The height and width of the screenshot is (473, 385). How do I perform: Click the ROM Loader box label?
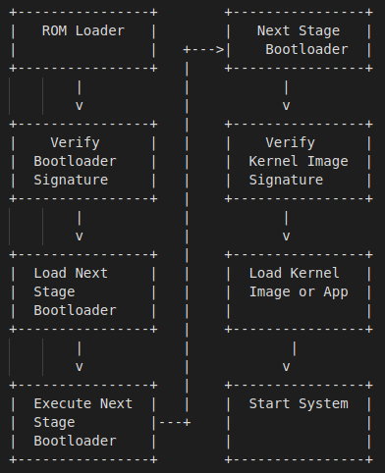coord(82,30)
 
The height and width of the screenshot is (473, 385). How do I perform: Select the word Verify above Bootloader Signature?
coord(75,142)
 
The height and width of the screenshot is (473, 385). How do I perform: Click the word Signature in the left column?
coord(71,180)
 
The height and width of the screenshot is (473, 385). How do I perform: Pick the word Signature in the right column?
coord(286,180)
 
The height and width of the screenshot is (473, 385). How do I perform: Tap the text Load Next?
coord(71,273)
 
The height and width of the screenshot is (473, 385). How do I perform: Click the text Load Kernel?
coord(294,273)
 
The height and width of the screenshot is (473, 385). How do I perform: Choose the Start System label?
coord(298,403)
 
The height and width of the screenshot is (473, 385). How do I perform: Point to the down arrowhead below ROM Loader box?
coord(79,105)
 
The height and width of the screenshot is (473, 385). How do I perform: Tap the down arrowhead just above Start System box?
coord(286,366)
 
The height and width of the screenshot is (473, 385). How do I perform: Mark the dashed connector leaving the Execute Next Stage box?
coord(173,422)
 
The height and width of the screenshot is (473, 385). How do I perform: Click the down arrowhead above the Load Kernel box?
coord(286,236)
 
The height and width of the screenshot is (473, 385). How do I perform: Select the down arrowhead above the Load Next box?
coord(79,236)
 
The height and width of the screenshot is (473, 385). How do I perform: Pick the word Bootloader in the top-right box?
coord(305,49)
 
